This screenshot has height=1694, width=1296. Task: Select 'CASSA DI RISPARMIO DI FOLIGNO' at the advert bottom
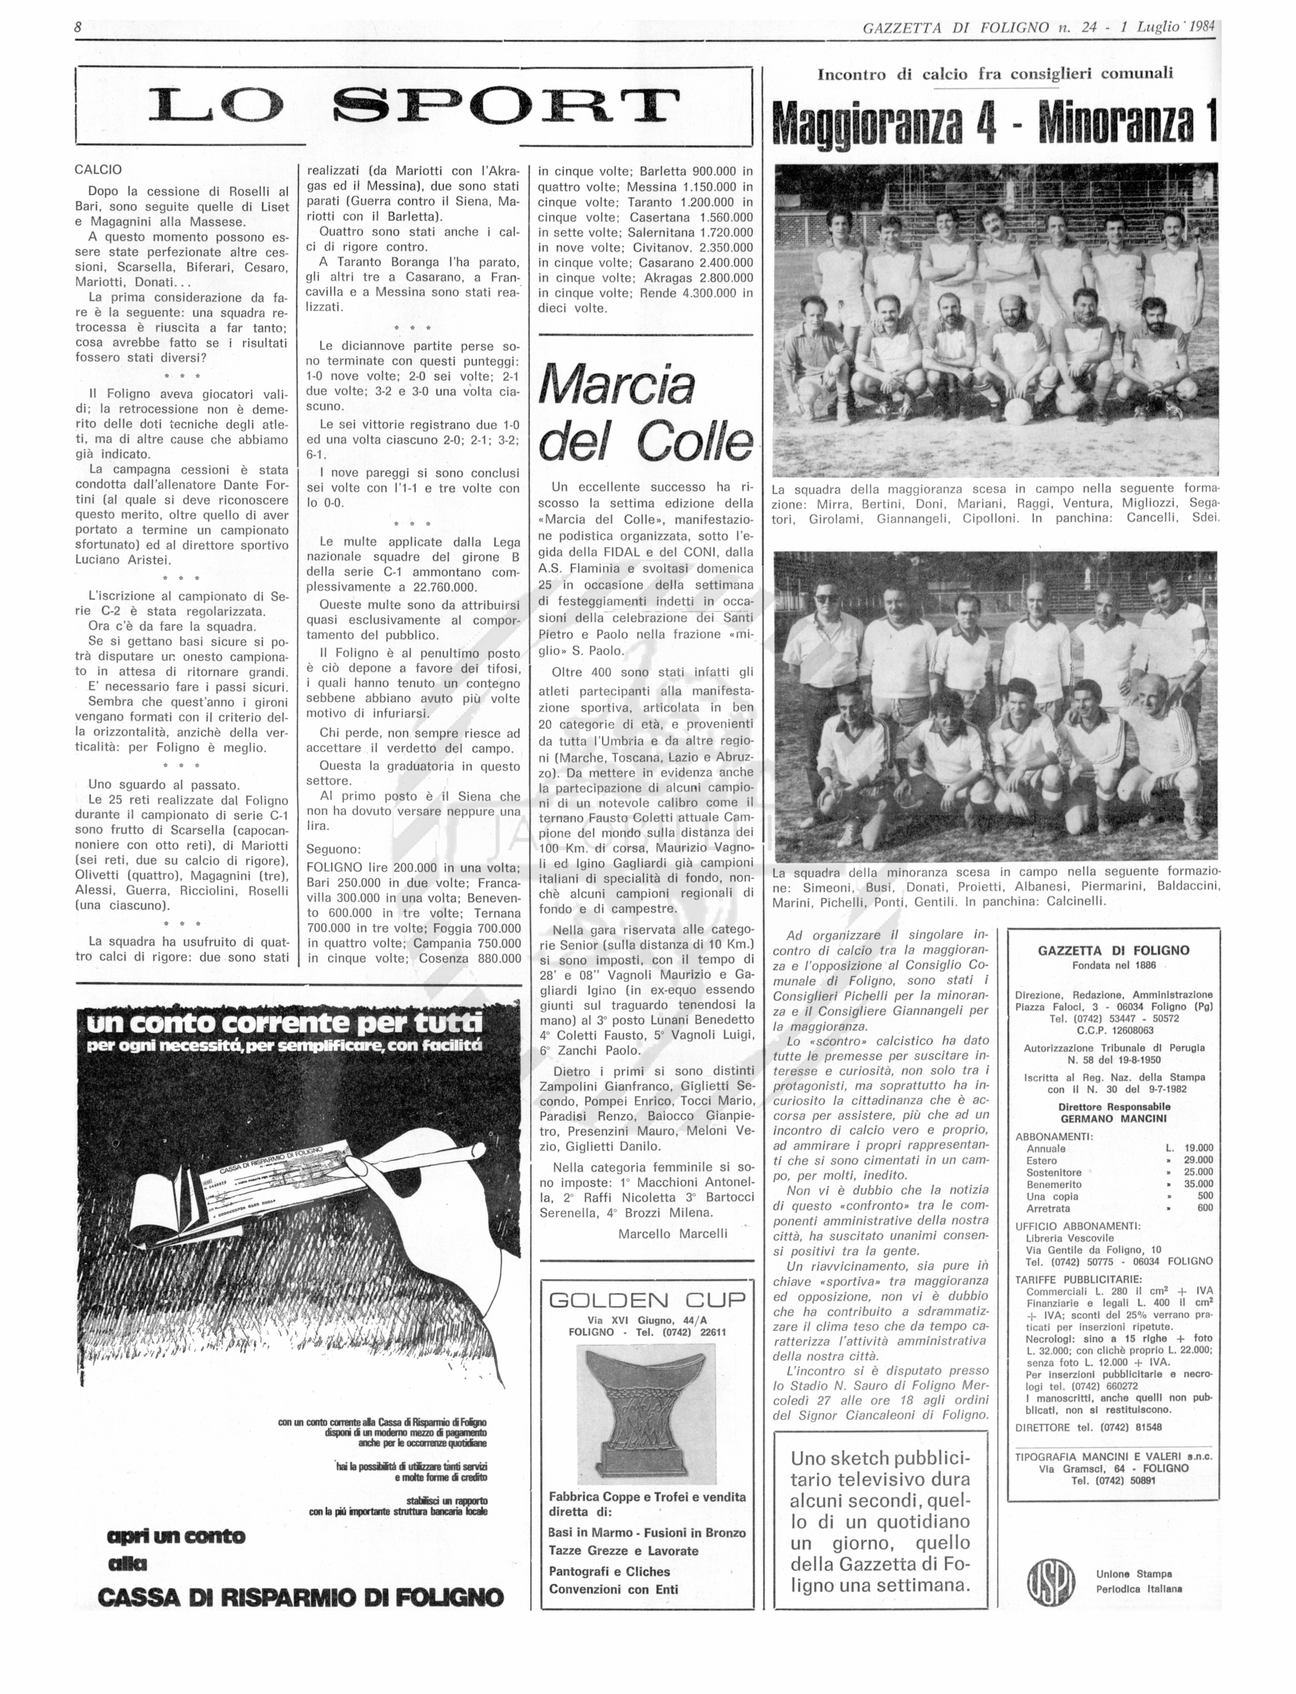click(x=301, y=1597)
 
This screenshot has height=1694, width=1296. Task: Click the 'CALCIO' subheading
click(x=98, y=170)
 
